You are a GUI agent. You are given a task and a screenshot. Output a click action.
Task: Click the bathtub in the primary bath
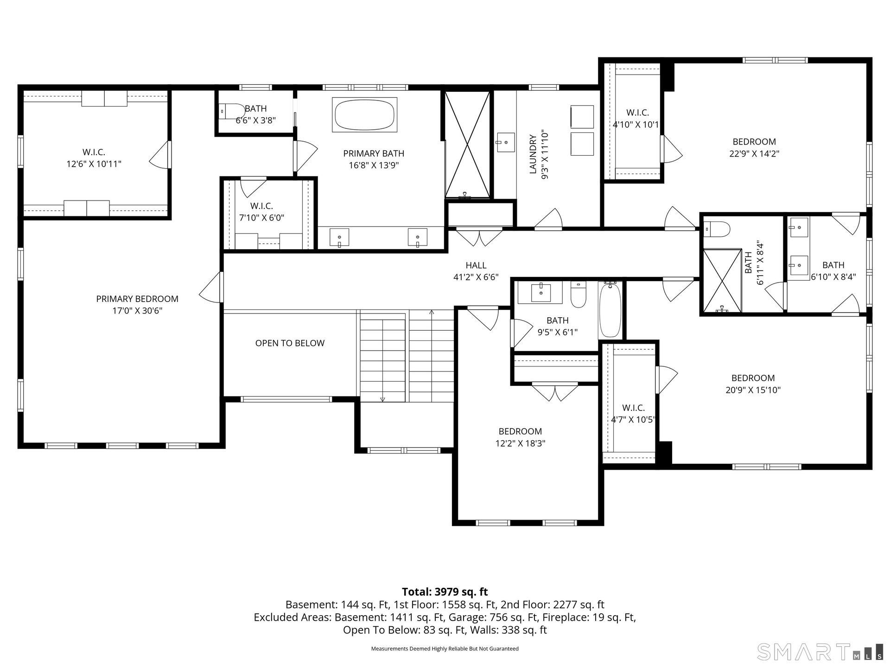[x=365, y=114]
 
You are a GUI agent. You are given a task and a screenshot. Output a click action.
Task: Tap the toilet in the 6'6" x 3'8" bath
[x=232, y=111]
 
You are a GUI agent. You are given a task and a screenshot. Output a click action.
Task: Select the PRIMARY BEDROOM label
[x=137, y=299]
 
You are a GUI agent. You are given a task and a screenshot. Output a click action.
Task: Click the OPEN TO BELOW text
[x=290, y=343]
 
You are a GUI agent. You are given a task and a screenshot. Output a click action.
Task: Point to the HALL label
[x=476, y=265]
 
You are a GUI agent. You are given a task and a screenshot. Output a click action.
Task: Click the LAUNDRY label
[x=533, y=154]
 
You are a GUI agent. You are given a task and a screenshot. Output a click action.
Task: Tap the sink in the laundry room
[x=505, y=142]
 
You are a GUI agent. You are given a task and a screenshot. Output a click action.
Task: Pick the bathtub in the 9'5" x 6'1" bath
[x=610, y=309]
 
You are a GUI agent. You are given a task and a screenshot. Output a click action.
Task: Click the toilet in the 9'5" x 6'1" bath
[x=578, y=295]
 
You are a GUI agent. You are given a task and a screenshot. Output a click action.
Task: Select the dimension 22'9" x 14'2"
[x=754, y=154]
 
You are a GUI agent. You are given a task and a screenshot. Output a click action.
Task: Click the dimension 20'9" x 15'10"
[x=753, y=390]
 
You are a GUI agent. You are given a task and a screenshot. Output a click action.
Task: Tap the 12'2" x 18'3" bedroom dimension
[x=520, y=443]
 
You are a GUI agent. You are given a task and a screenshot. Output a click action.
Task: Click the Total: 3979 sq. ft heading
[x=445, y=591]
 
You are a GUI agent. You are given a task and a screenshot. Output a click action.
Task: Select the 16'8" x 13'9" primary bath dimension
[x=374, y=165]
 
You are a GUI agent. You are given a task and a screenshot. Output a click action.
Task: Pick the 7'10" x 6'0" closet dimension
[x=262, y=218]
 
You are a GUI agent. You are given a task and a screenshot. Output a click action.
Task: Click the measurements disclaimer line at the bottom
[x=445, y=649]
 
